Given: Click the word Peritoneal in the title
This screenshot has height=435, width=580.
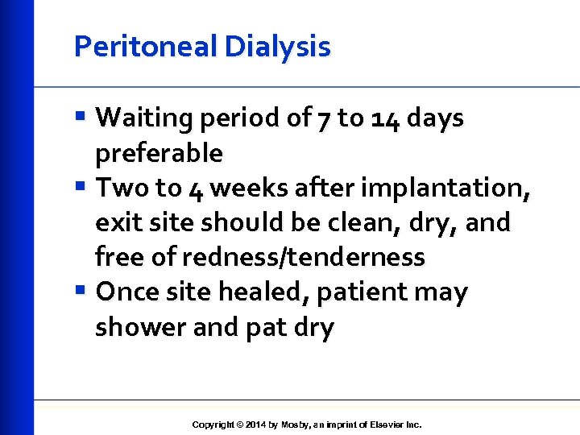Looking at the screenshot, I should [146, 48].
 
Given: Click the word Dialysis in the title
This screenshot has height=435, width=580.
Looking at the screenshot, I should [278, 48].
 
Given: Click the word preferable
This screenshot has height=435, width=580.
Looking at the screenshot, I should [159, 153].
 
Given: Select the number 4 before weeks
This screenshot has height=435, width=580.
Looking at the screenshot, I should [197, 188].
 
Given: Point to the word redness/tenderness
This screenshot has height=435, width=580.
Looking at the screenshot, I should [304, 258].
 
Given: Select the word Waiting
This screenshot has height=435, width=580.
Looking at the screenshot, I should [151, 118].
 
